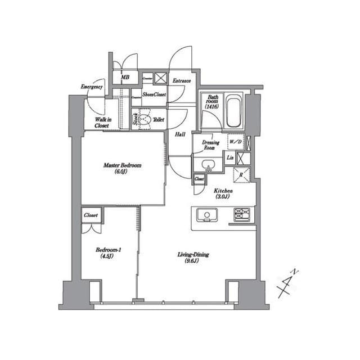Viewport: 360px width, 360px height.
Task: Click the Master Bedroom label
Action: tap(122, 165)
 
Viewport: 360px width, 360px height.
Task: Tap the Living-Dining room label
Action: tap(193, 255)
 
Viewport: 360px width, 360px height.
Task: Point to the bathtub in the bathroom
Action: tap(233, 111)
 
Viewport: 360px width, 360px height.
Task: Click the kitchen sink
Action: tap(206, 214)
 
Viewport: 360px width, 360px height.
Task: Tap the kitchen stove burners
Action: tap(243, 214)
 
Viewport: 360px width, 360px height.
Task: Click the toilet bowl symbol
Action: tap(145, 120)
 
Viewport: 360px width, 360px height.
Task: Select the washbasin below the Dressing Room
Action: tap(208, 165)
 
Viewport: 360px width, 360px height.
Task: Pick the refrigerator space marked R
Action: tap(241, 174)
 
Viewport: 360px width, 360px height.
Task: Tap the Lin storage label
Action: tap(230, 158)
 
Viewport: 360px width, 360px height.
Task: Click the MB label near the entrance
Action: tap(125, 78)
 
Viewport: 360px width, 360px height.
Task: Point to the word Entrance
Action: tap(181, 81)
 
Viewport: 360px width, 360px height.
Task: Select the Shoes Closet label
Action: tap(154, 95)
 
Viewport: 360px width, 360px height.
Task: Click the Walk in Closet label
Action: tap(102, 123)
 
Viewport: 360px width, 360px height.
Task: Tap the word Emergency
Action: tap(91, 87)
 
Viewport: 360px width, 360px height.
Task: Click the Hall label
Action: tap(180, 134)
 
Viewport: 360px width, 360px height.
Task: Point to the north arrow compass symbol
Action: tap(289, 284)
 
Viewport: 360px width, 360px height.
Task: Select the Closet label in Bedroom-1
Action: tap(91, 215)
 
